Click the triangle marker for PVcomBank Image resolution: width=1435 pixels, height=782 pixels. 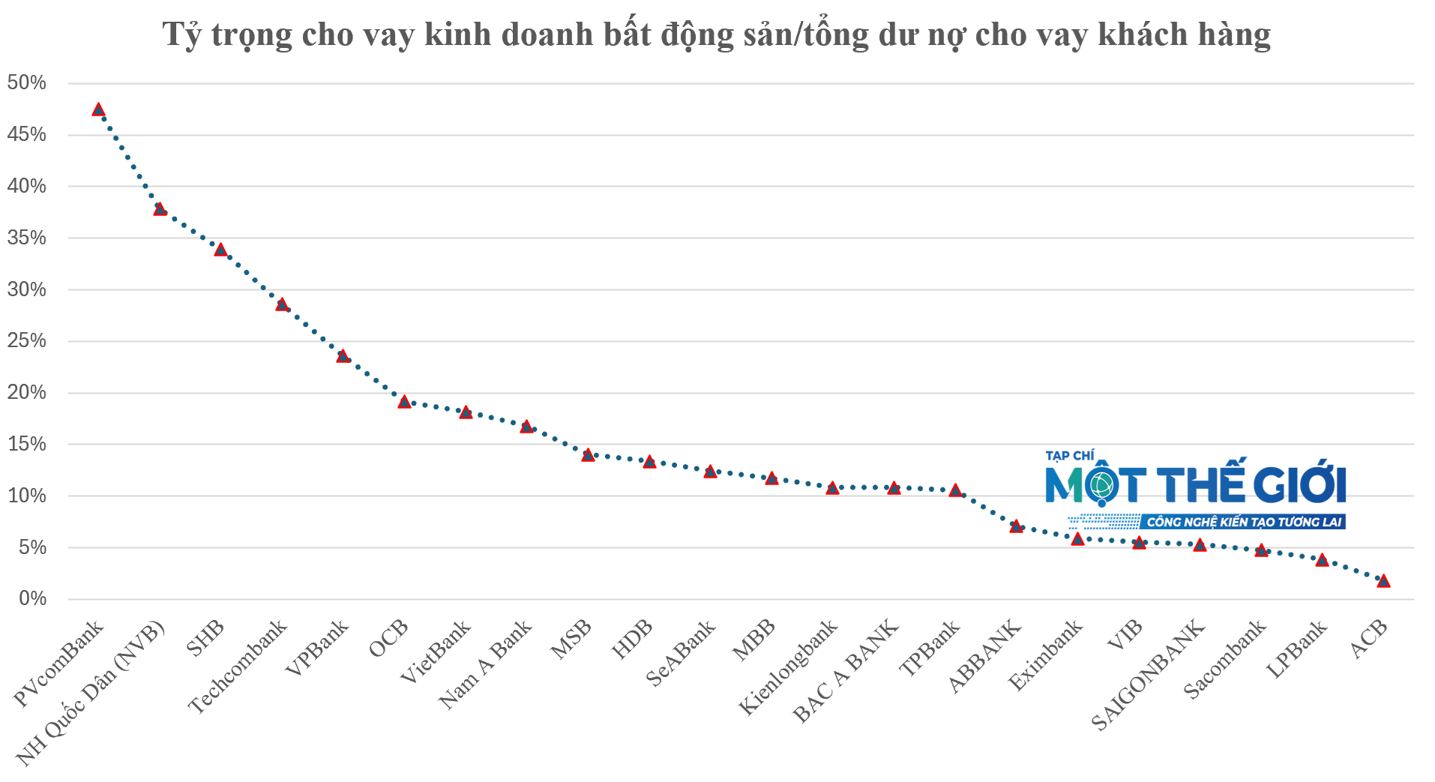(98, 109)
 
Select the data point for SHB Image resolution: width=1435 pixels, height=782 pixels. (220, 250)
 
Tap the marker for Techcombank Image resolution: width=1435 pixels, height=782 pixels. (282, 304)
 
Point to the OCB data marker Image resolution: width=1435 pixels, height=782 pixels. (404, 402)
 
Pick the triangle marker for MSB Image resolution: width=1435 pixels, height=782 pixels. (588, 455)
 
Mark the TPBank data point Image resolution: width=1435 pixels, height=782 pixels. (955, 490)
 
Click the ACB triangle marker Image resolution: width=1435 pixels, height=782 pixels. (1383, 581)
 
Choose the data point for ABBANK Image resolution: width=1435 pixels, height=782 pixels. (1016, 526)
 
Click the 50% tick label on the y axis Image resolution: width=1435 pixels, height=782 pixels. (27, 82)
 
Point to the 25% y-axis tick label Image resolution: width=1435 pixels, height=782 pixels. (27, 341)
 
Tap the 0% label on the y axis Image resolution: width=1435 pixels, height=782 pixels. (33, 598)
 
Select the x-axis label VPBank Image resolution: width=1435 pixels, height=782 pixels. (318, 648)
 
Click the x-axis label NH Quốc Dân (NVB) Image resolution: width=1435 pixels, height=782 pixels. (91, 694)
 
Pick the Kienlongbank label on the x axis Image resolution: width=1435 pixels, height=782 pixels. (788, 667)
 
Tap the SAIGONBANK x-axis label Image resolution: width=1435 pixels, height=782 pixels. (1148, 675)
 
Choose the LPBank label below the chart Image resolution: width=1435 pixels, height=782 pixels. (1297, 649)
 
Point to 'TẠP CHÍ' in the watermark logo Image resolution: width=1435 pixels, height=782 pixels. (1070, 456)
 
